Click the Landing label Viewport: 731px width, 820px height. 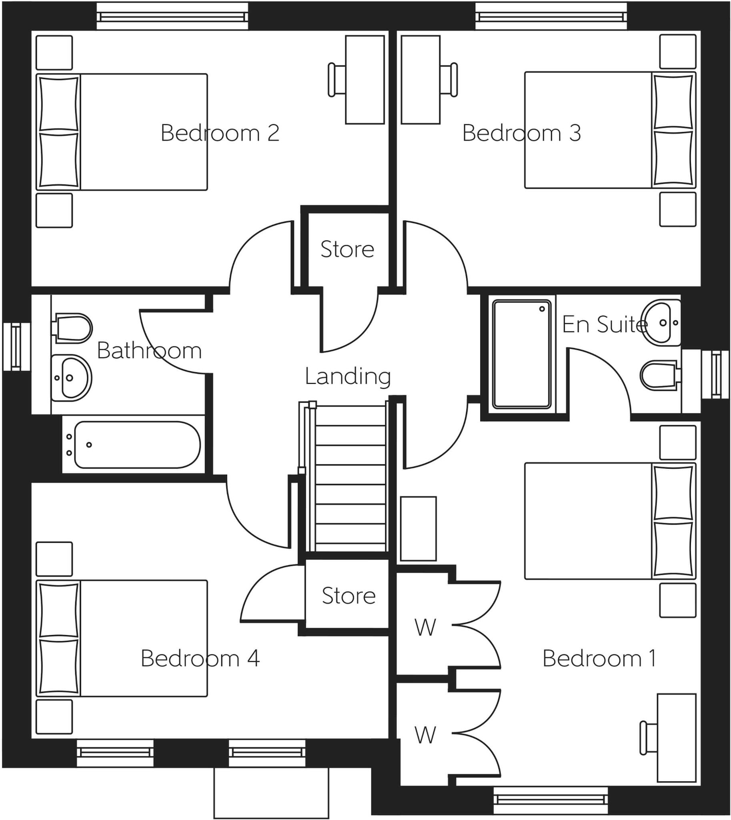tap(347, 377)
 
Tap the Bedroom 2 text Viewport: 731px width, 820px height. tap(220, 133)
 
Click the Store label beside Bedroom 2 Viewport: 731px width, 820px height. tap(347, 249)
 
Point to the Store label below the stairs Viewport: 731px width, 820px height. tap(348, 596)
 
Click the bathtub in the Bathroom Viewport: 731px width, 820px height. tap(136, 444)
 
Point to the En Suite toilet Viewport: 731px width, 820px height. tap(659, 375)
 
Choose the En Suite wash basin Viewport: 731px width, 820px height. tap(661, 322)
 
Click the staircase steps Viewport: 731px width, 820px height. tap(350, 478)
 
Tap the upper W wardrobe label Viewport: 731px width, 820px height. tap(425, 628)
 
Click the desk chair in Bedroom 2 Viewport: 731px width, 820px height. tap(336, 80)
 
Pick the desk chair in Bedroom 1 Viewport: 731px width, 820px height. tap(648, 738)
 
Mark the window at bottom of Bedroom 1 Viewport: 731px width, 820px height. tap(550, 800)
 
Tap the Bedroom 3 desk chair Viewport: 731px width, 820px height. tap(449, 80)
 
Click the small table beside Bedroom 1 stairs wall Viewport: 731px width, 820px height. tap(418, 529)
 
